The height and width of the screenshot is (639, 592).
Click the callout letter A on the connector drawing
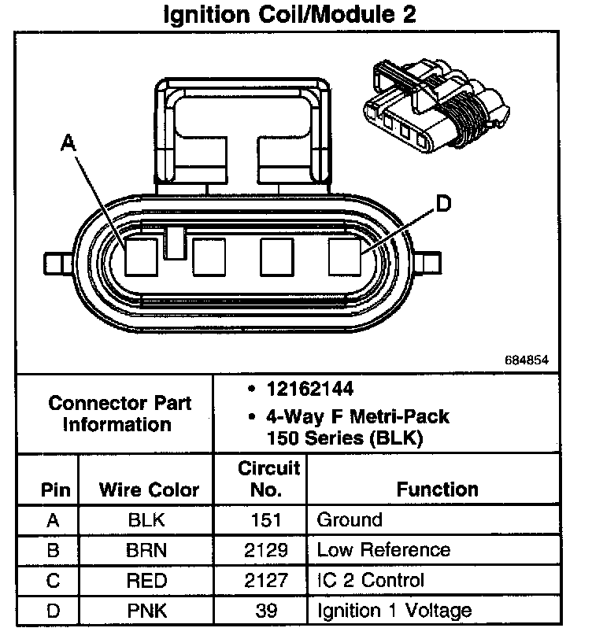click(x=68, y=142)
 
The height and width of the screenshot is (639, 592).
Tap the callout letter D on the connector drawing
click(x=443, y=204)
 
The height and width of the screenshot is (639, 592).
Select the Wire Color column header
click(x=148, y=489)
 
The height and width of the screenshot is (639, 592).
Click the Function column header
click(x=438, y=489)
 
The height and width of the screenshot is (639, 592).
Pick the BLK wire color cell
click(x=148, y=520)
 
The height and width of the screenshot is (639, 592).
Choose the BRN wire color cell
click(x=148, y=550)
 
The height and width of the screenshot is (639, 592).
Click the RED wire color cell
click(x=148, y=581)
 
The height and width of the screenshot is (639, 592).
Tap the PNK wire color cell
click(x=148, y=610)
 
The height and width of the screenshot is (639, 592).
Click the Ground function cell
click(x=349, y=520)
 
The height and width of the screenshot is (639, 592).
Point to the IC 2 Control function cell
click(x=370, y=581)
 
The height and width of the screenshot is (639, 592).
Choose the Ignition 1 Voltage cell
click(x=394, y=610)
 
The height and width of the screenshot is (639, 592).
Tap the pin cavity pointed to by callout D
click(x=344, y=257)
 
